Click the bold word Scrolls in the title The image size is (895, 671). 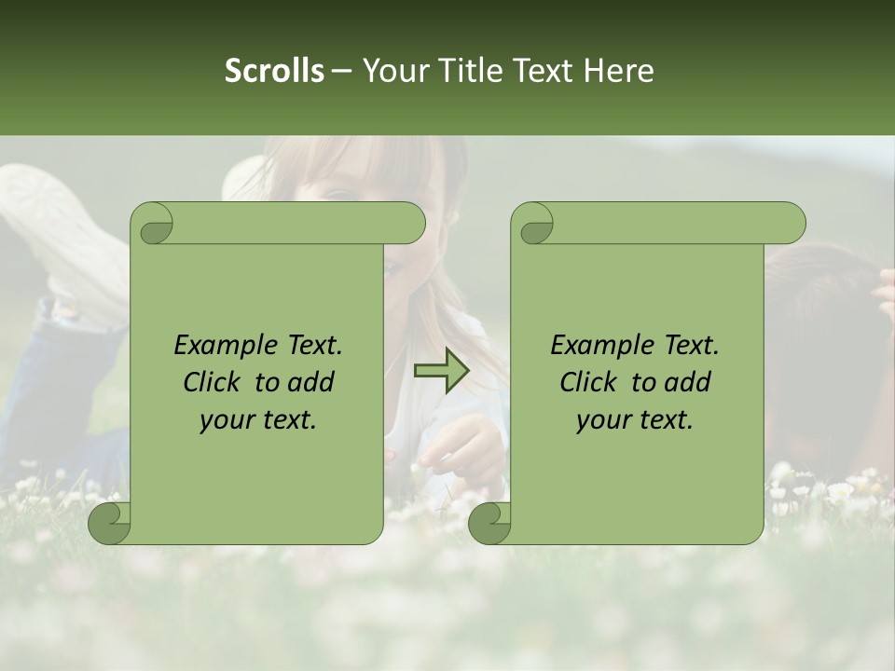point(275,71)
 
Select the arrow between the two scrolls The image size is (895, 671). point(442,371)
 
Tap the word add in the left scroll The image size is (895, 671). point(312,382)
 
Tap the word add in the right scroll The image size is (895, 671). point(689,382)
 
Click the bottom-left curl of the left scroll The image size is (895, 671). point(110,523)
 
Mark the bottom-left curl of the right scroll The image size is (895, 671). point(490,523)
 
